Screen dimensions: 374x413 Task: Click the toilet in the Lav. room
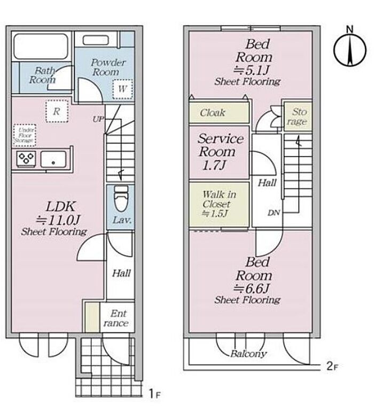(121, 198)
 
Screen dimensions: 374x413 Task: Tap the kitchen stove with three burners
(26, 159)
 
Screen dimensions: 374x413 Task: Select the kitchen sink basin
(53, 159)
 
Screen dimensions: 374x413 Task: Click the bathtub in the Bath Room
(41, 46)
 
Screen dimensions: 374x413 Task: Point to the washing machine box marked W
(122, 89)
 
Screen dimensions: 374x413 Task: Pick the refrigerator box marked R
(57, 111)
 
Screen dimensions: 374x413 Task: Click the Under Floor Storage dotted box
(25, 135)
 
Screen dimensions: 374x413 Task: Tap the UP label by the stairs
(98, 119)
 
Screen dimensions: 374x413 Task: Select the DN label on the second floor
(274, 213)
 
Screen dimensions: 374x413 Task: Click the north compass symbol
(350, 48)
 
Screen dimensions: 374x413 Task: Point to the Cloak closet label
(213, 113)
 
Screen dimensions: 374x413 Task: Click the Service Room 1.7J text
(221, 152)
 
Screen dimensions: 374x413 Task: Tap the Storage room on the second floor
(298, 116)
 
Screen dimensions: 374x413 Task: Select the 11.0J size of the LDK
(58, 220)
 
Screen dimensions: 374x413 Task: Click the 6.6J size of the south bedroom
(252, 289)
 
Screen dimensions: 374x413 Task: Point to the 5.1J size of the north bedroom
(252, 70)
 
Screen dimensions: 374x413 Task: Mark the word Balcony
(248, 354)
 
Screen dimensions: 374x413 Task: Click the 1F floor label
(154, 394)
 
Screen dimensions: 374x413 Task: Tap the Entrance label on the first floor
(116, 318)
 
